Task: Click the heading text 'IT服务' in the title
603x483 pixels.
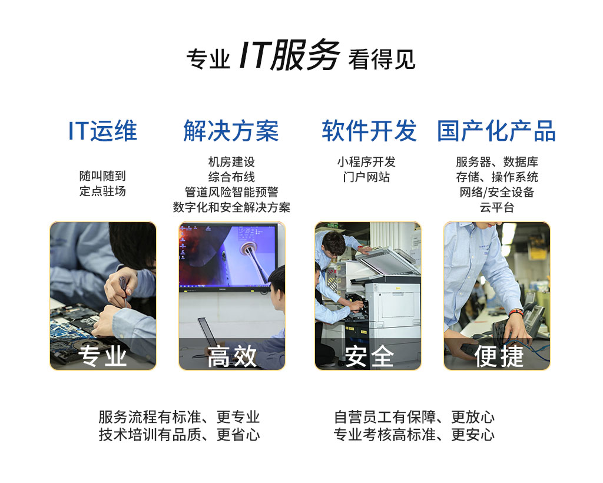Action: click(x=289, y=57)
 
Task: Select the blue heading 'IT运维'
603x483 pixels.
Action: click(x=102, y=131)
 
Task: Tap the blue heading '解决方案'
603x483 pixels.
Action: click(x=231, y=131)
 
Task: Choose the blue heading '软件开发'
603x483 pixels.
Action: click(x=369, y=131)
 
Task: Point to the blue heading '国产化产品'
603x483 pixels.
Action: click(x=496, y=131)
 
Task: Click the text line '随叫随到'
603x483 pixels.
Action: click(x=102, y=176)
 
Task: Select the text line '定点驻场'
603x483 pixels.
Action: click(x=102, y=191)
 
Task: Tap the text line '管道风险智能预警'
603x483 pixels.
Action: click(x=231, y=192)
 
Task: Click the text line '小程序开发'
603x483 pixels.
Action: click(x=366, y=162)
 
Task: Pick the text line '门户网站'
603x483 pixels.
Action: click(x=366, y=177)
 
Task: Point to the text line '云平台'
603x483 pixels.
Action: click(x=496, y=207)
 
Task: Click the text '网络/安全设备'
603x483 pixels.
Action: click(x=496, y=192)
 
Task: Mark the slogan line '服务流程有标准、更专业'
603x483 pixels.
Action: click(x=179, y=418)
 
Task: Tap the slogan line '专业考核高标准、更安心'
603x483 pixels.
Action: click(x=414, y=435)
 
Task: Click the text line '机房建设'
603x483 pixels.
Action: click(x=231, y=162)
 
